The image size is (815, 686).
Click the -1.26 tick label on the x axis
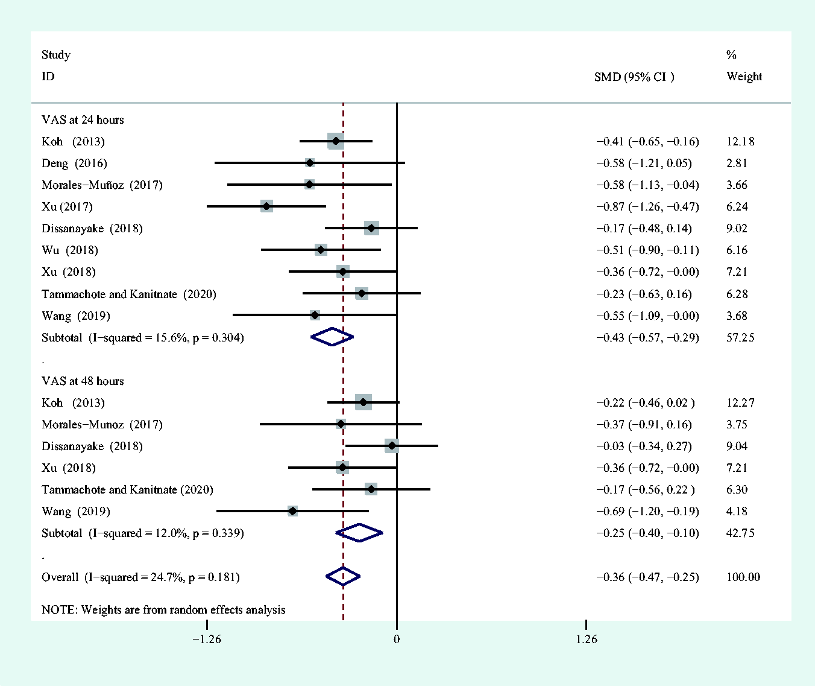[x=207, y=639]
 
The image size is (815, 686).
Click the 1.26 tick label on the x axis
[x=586, y=639]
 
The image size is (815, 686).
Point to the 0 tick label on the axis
[x=397, y=639]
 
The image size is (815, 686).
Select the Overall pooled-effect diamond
[x=343, y=577]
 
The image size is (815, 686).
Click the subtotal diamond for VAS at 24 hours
[x=332, y=337]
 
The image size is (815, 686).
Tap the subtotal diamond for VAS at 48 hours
[x=359, y=533]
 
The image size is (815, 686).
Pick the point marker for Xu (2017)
[x=266, y=206]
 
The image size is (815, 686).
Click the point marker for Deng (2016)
[x=309, y=163]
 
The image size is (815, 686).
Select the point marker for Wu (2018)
[x=321, y=250]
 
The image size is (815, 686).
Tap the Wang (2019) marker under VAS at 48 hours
[x=292, y=511]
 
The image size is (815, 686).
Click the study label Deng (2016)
[x=74, y=164]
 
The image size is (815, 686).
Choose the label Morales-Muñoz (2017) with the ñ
[x=102, y=185]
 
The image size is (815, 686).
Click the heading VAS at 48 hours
[x=83, y=381]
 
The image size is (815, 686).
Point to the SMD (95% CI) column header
[x=634, y=77]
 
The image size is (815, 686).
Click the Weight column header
[x=744, y=77]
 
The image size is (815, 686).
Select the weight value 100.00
[x=743, y=577]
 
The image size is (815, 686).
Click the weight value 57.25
[x=740, y=338]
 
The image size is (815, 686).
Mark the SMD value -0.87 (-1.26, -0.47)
[x=647, y=207]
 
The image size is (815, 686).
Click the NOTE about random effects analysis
[x=163, y=610]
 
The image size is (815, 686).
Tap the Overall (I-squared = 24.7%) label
[x=140, y=577]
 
